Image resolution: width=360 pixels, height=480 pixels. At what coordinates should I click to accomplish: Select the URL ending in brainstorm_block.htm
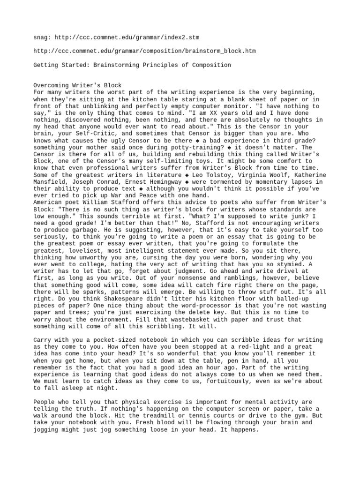(144, 51)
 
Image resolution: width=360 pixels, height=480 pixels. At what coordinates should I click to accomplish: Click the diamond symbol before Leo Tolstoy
(187, 175)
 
